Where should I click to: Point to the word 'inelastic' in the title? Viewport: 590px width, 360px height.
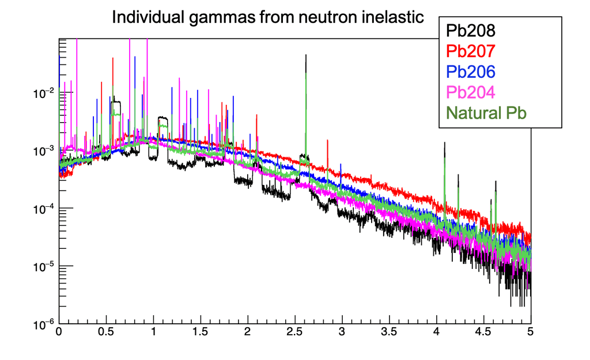click(392, 17)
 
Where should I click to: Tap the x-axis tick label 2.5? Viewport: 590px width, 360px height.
click(294, 332)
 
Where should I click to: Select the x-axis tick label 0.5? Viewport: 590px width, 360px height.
click(105, 332)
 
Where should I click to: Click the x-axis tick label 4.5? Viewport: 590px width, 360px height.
click(483, 332)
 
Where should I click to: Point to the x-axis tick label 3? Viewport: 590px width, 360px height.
click(342, 332)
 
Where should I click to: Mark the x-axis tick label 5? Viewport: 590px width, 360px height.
click(530, 332)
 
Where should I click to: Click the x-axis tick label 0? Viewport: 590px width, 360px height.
click(59, 332)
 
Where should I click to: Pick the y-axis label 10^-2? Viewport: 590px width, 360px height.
click(44, 92)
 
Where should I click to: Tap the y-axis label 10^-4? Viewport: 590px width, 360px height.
click(44, 208)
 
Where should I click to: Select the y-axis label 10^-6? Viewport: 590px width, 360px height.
click(44, 324)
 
